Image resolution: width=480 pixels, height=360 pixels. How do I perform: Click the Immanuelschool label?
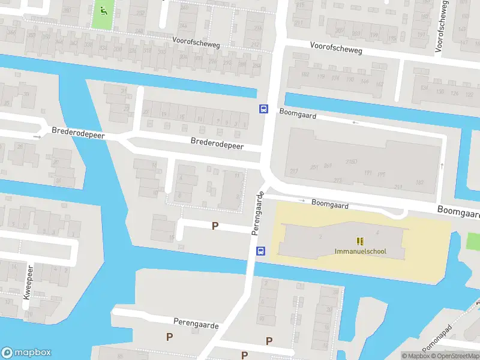[x=360, y=251]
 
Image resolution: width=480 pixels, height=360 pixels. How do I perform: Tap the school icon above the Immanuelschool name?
[x=360, y=241]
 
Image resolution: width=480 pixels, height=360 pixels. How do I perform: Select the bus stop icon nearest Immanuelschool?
[x=261, y=251]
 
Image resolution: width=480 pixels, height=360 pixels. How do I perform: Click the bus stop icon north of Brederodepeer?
[x=263, y=109]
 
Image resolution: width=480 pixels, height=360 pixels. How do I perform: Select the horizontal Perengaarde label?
[x=196, y=323]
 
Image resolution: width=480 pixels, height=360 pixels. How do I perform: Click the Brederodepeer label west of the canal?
[x=78, y=133]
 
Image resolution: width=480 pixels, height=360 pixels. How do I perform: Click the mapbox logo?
[x=26, y=353]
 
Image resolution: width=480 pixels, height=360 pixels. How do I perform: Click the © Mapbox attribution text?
[x=416, y=356]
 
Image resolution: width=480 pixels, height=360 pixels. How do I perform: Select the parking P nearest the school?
[x=215, y=226]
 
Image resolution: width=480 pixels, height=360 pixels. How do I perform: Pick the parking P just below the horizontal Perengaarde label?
[x=170, y=337]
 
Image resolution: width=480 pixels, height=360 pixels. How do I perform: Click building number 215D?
[x=352, y=161]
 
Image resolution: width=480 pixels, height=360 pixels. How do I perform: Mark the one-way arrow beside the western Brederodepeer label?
[x=38, y=137]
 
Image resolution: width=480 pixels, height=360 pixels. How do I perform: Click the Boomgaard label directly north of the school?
[x=330, y=204]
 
